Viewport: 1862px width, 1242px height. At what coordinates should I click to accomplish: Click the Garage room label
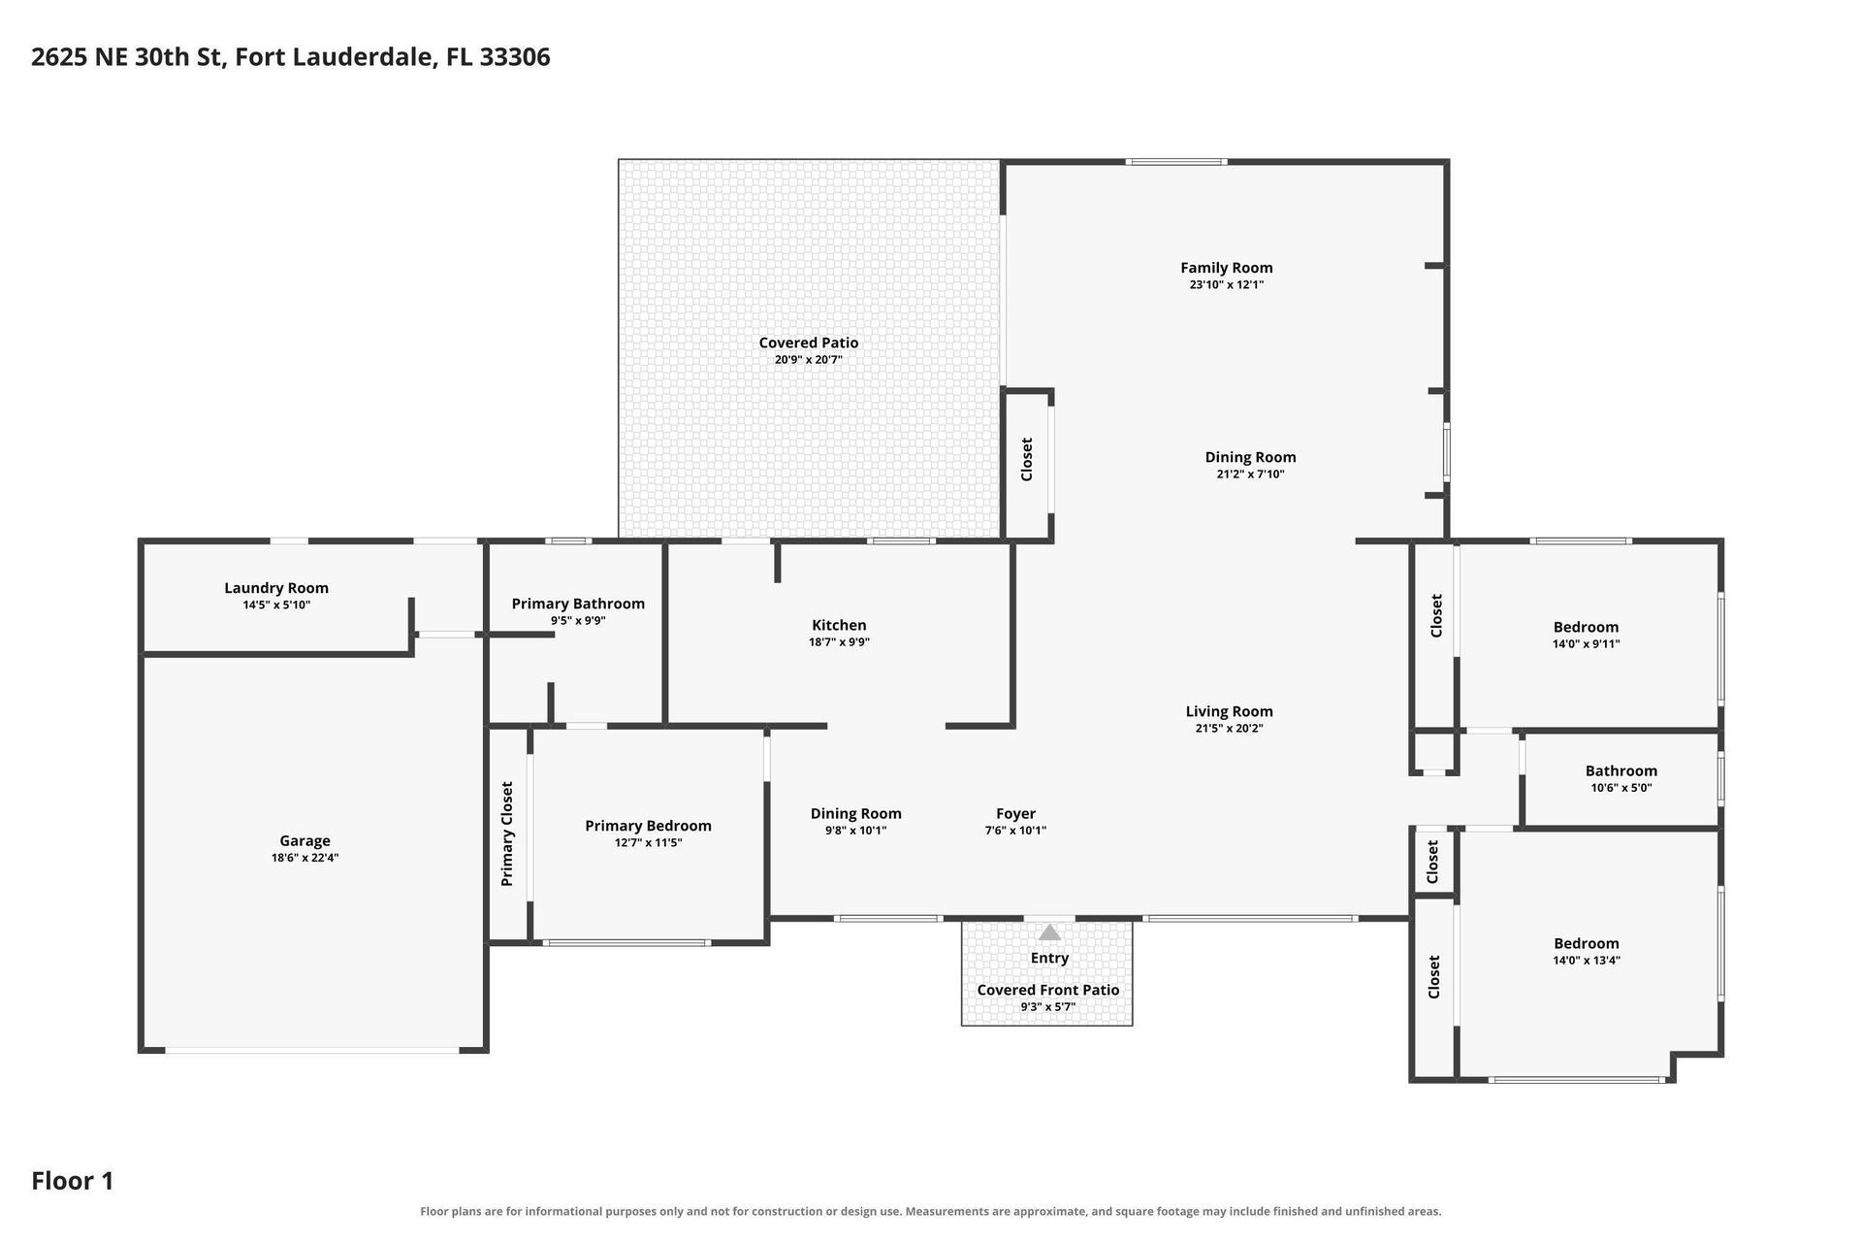tap(305, 841)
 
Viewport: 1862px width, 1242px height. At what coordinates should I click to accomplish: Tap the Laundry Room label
tap(276, 588)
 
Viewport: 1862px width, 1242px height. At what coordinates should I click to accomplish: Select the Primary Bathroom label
tap(578, 604)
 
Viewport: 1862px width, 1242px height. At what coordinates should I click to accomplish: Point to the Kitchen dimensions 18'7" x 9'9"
tap(839, 641)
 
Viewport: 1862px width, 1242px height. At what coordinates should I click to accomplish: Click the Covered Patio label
tap(809, 343)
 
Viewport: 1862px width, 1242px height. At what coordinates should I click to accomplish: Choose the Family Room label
tap(1227, 268)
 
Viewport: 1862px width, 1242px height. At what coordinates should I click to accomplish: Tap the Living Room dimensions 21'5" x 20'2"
tap(1229, 728)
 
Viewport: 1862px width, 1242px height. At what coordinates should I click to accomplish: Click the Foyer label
tap(1015, 814)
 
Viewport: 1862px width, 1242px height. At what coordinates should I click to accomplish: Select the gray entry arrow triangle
tap(1049, 932)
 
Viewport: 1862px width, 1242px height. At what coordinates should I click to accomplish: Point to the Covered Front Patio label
tap(1047, 990)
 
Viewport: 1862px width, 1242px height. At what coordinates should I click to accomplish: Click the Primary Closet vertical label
tap(506, 834)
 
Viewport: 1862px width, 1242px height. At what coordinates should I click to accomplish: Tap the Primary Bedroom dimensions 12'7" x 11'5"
tap(648, 842)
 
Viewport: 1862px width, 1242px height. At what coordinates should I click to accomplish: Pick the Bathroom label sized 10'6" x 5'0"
tap(1621, 771)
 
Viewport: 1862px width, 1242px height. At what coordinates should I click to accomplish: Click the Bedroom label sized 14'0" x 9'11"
tap(1586, 627)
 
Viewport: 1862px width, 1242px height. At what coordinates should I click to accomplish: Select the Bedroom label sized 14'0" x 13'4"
tap(1586, 943)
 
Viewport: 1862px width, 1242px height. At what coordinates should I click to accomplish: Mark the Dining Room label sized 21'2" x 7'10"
tap(1250, 457)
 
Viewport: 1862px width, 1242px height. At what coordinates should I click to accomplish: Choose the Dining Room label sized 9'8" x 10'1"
tap(855, 814)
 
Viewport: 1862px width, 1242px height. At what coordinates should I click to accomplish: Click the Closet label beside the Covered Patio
tap(1026, 459)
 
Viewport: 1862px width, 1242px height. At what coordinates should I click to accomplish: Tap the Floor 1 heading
tap(73, 1181)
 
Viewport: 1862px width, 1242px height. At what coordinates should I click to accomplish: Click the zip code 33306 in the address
tap(515, 57)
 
